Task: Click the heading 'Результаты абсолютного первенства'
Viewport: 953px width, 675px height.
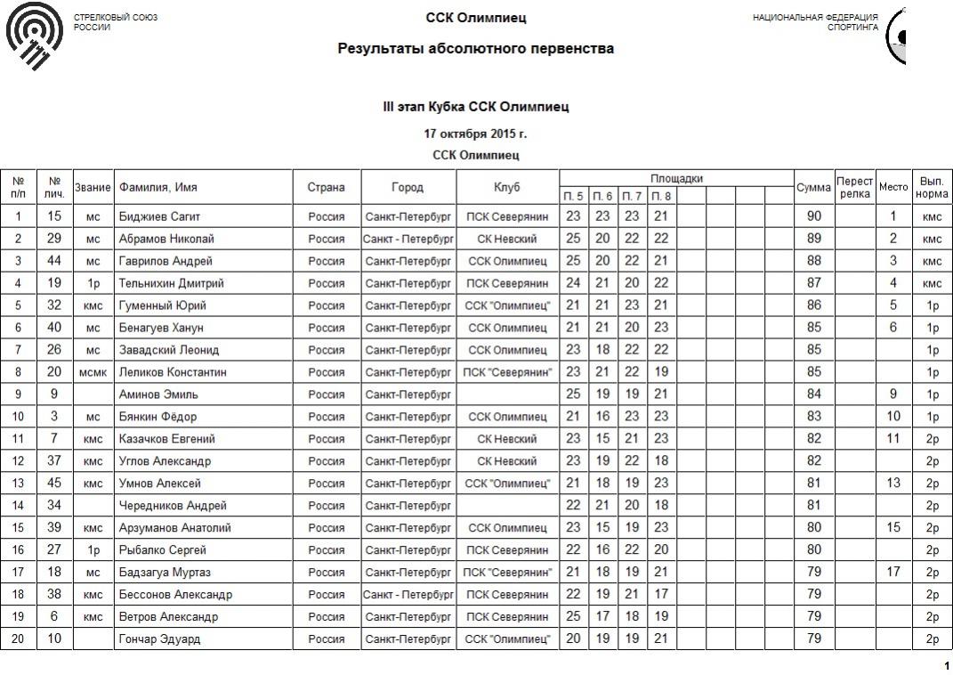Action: (x=475, y=49)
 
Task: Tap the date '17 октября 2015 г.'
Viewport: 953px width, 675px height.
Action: (x=475, y=134)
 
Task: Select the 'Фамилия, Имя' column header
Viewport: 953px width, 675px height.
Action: (x=157, y=188)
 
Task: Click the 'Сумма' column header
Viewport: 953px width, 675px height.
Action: (x=813, y=188)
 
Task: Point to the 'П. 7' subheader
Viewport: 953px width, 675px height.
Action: (x=632, y=196)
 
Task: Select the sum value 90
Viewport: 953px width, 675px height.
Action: (x=813, y=216)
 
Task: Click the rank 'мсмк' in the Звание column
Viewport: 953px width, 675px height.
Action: (x=93, y=372)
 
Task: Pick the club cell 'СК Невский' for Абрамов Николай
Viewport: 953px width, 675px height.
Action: (x=507, y=239)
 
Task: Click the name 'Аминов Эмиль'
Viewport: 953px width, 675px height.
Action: (x=157, y=394)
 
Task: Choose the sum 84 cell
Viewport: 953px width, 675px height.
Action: (x=813, y=394)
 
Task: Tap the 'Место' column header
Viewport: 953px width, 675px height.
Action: (x=893, y=188)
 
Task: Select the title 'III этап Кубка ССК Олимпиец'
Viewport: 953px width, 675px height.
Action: (x=475, y=108)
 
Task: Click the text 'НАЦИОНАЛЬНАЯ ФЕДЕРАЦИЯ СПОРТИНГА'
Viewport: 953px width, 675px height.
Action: (x=815, y=22)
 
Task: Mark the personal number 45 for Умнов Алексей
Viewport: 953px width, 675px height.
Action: (x=54, y=484)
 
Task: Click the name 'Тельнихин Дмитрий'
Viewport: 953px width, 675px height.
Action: (x=170, y=283)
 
